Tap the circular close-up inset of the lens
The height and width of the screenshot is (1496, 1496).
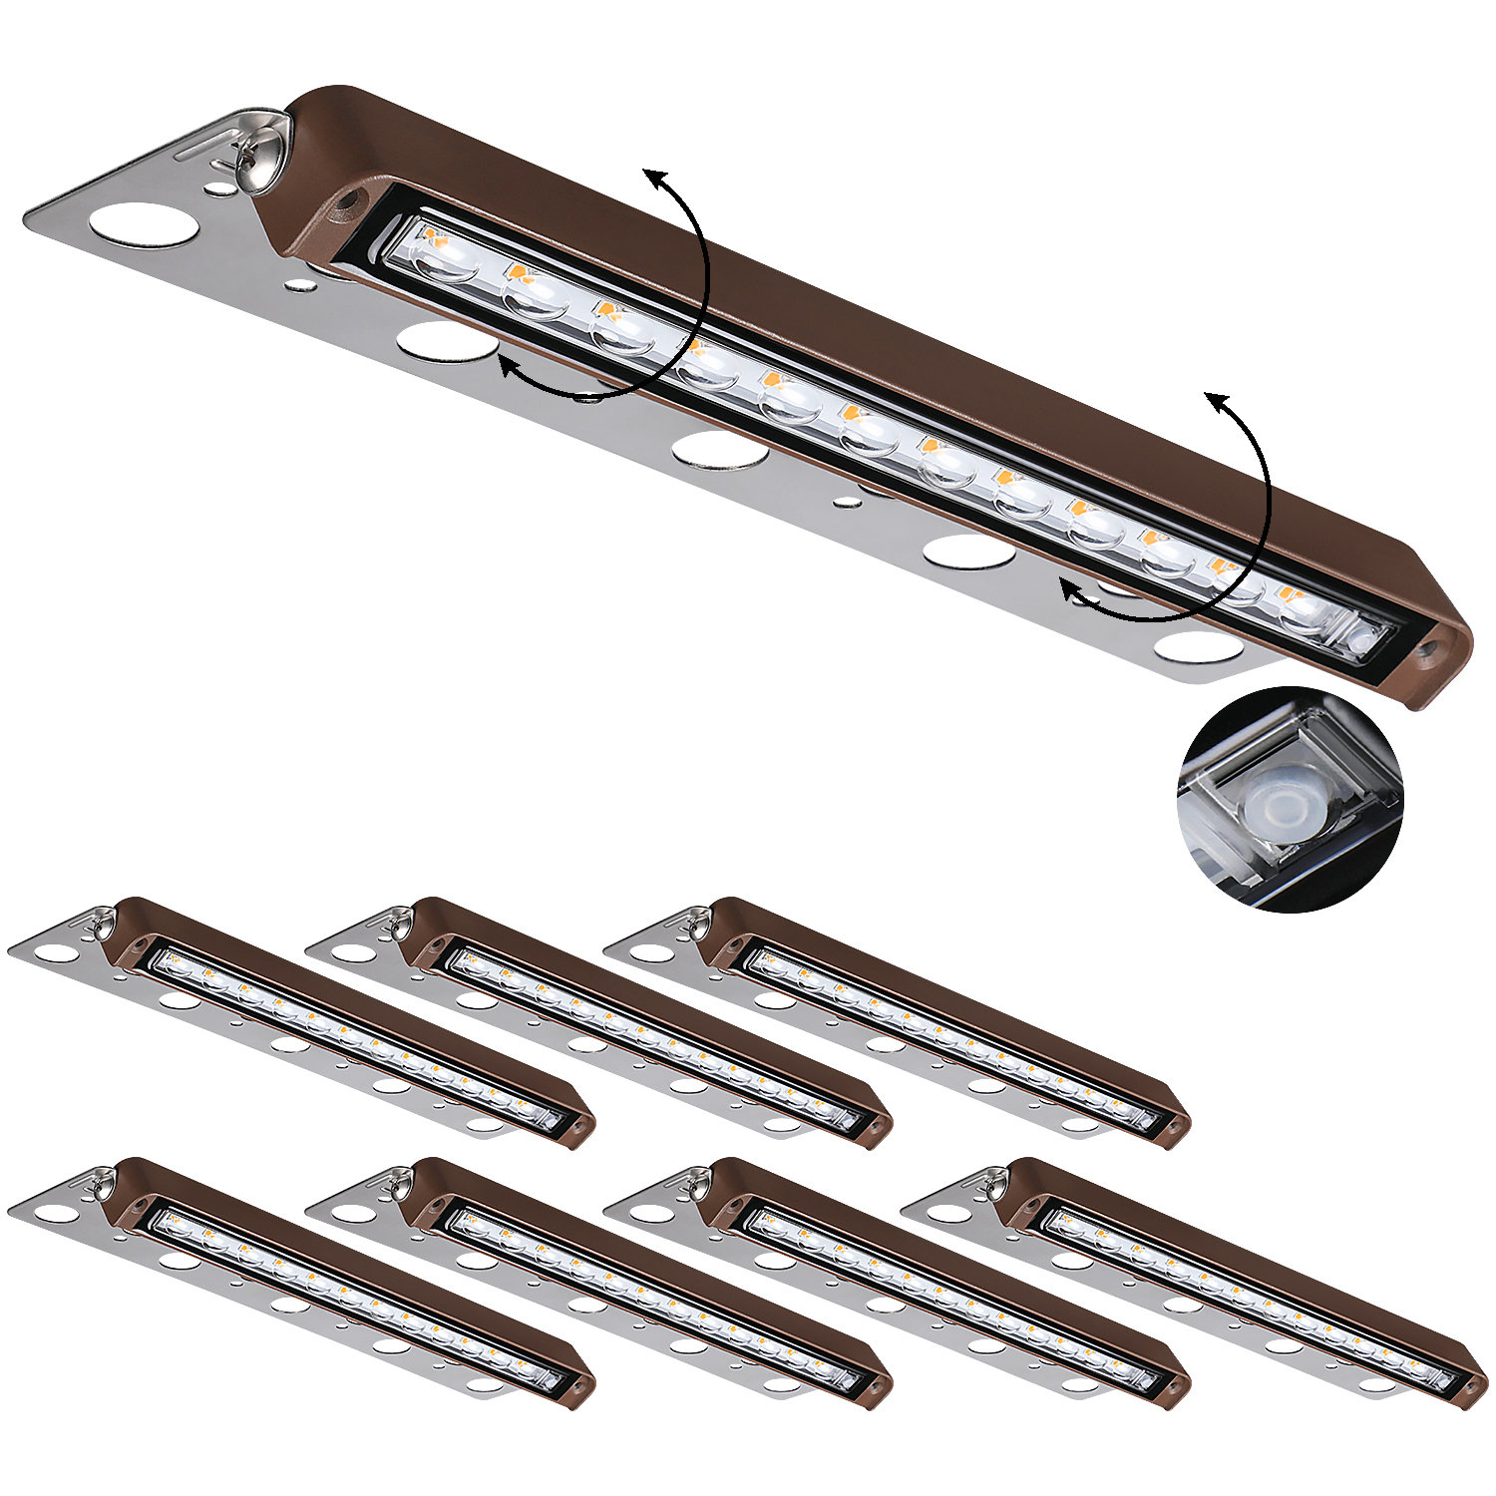click(1290, 798)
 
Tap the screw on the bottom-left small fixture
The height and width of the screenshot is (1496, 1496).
click(101, 1187)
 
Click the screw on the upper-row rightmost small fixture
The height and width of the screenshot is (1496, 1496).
click(696, 927)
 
